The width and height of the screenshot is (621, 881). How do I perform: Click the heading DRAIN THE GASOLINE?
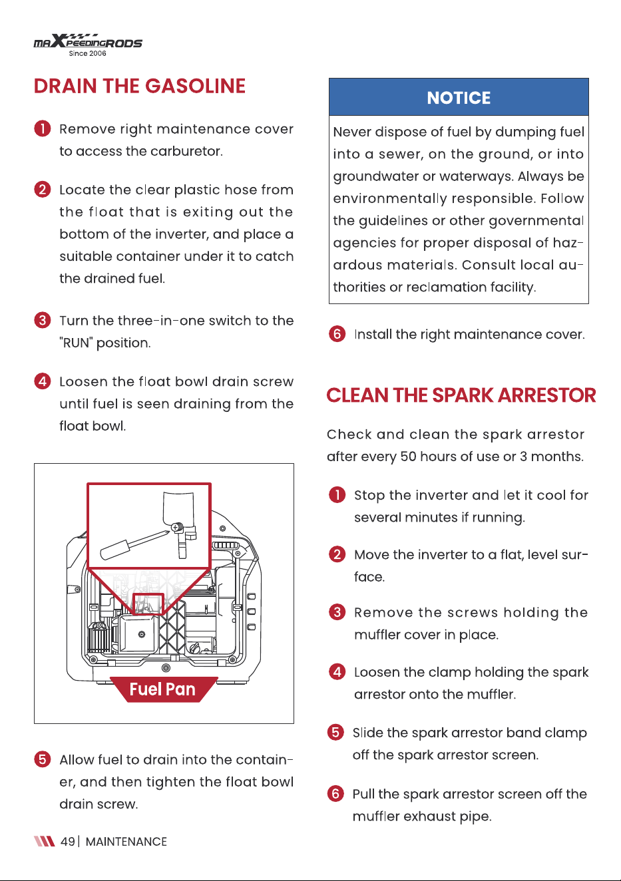pyautogui.click(x=140, y=86)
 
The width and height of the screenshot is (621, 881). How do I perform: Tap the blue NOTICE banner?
pyautogui.click(x=459, y=96)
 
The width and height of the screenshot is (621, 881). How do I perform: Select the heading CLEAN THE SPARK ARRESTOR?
pyautogui.click(x=461, y=395)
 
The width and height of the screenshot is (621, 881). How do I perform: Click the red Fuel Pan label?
pyautogui.click(x=163, y=689)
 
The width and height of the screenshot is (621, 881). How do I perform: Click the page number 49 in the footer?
pyautogui.click(x=67, y=841)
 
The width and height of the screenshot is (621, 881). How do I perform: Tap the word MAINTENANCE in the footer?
pyautogui.click(x=126, y=841)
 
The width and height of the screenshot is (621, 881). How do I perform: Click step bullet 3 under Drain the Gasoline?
pyautogui.click(x=43, y=320)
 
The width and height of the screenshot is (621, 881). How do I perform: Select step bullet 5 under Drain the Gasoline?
pyautogui.click(x=43, y=759)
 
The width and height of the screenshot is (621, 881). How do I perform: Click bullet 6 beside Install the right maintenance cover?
pyautogui.click(x=337, y=334)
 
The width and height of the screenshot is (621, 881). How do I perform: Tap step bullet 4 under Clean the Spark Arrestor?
pyautogui.click(x=337, y=672)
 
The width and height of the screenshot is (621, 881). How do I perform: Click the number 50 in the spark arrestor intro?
pyautogui.click(x=408, y=456)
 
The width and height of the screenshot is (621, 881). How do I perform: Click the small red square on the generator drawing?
pyautogui.click(x=148, y=604)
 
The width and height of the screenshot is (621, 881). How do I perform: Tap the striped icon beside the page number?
pyautogui.click(x=45, y=841)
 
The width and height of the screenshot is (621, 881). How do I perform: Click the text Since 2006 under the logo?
pyautogui.click(x=87, y=53)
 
